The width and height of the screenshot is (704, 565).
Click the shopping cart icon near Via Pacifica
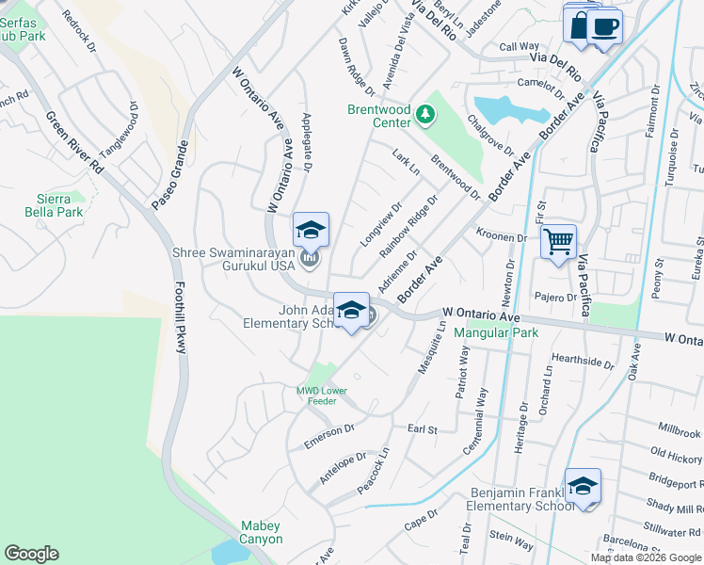559,242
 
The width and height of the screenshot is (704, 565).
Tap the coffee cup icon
606,26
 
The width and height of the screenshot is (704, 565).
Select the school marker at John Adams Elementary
351,310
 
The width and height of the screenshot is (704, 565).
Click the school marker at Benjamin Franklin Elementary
583,486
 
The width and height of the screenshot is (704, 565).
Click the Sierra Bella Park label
54,204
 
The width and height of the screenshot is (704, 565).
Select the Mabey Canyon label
261,532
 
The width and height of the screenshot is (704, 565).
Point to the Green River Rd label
74,141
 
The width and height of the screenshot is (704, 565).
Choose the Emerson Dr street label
328,435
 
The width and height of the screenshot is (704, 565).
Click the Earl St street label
423,429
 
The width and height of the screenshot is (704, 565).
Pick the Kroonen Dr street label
501,235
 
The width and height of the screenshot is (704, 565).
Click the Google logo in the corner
31,554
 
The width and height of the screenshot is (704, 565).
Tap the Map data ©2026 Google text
646,557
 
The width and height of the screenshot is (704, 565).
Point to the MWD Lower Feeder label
322,395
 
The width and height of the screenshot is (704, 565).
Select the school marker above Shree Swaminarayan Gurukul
311,231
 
